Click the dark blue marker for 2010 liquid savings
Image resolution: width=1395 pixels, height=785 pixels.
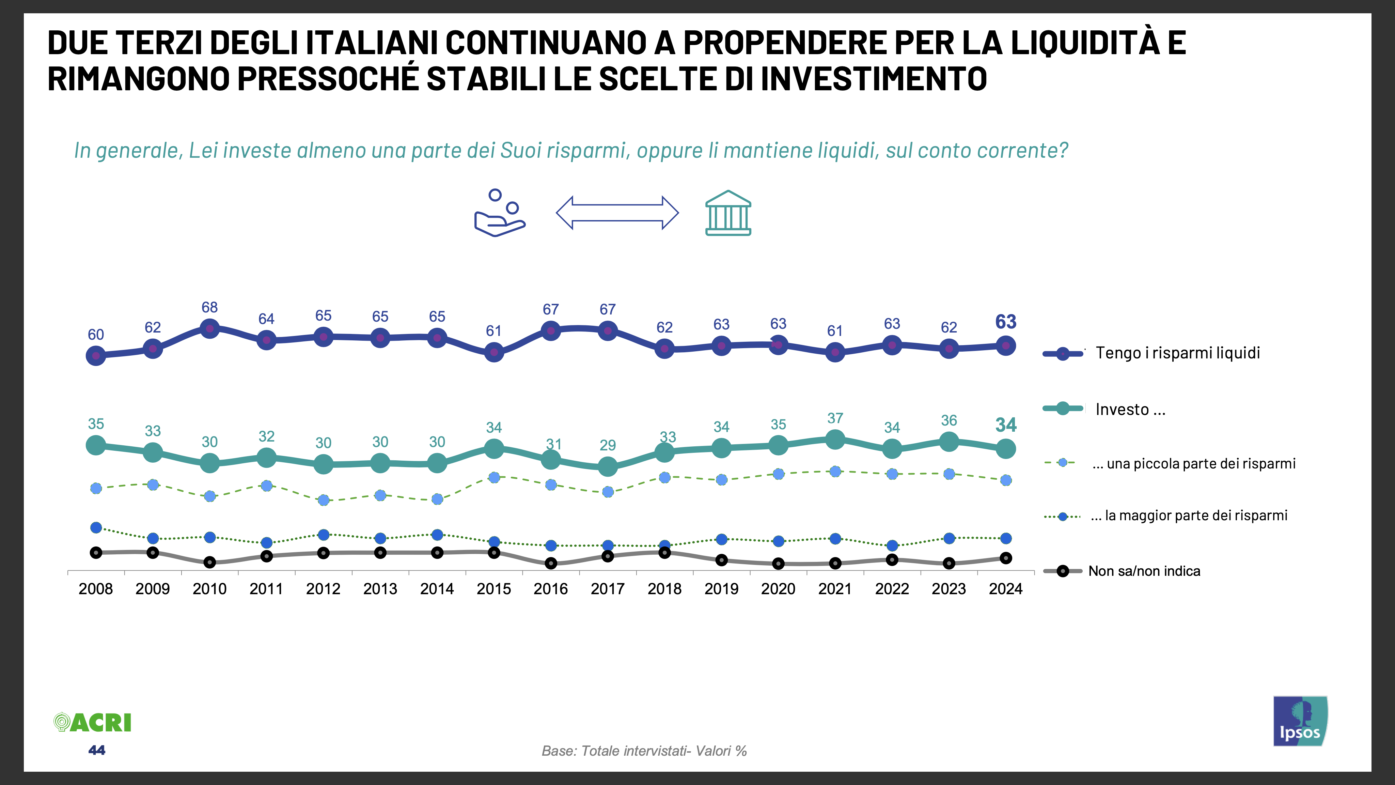[209, 328]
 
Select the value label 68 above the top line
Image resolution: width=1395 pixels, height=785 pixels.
[209, 307]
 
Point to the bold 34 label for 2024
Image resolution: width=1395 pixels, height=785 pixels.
[1006, 425]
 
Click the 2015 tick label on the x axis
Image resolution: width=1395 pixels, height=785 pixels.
[493, 589]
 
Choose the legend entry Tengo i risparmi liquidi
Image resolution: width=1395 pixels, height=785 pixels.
[1177, 353]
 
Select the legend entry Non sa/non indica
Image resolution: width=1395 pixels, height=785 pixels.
[1144, 571]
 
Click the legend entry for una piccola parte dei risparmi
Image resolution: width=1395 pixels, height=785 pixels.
[1193, 464]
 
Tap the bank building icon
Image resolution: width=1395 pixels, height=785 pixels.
[728, 213]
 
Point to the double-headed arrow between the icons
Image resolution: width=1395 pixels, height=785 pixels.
[617, 213]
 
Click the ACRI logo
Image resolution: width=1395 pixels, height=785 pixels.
[93, 723]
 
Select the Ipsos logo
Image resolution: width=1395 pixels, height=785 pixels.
[1300, 721]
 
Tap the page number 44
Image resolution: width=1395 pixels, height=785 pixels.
[96, 750]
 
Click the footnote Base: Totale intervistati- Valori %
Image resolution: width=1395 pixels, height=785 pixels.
[644, 751]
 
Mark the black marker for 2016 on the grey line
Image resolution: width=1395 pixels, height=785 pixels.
[551, 564]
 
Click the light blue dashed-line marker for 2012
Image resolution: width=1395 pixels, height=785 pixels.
[323, 500]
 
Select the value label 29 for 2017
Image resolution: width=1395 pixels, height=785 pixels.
[608, 445]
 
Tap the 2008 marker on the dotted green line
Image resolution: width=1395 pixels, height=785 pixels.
[96, 528]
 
